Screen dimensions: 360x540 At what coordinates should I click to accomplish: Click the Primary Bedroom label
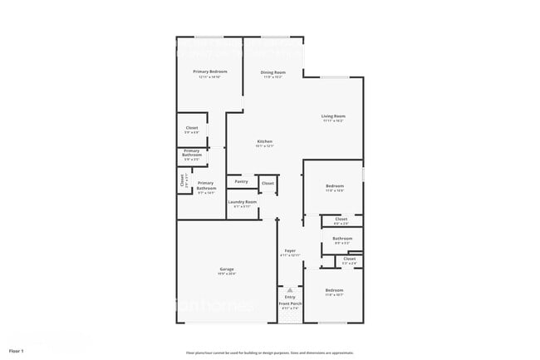[x=210, y=72]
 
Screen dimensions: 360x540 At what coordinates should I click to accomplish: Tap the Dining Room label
[x=272, y=72]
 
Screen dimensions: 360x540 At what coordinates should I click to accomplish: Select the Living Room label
[x=334, y=116]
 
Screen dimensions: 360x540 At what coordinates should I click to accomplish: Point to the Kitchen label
[x=265, y=142]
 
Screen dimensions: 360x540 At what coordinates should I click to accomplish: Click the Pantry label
[x=241, y=181]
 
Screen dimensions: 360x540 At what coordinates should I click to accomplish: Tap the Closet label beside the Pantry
[x=268, y=183]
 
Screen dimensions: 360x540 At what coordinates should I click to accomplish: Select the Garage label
[x=226, y=269]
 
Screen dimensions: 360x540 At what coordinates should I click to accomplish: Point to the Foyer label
[x=290, y=250]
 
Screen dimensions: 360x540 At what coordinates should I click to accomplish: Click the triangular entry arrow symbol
[x=290, y=290]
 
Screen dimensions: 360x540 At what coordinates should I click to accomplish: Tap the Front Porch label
[x=290, y=304]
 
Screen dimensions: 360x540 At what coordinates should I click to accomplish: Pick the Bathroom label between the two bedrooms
[x=342, y=239]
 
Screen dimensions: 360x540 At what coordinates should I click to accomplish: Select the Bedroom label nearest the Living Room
[x=334, y=185]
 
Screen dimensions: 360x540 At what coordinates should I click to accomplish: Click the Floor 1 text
[x=17, y=351]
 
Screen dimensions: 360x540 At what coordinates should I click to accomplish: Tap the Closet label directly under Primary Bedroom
[x=192, y=128]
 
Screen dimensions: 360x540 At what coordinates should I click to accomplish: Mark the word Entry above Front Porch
[x=290, y=297]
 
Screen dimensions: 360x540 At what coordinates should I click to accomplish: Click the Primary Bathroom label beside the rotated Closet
[x=206, y=186]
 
